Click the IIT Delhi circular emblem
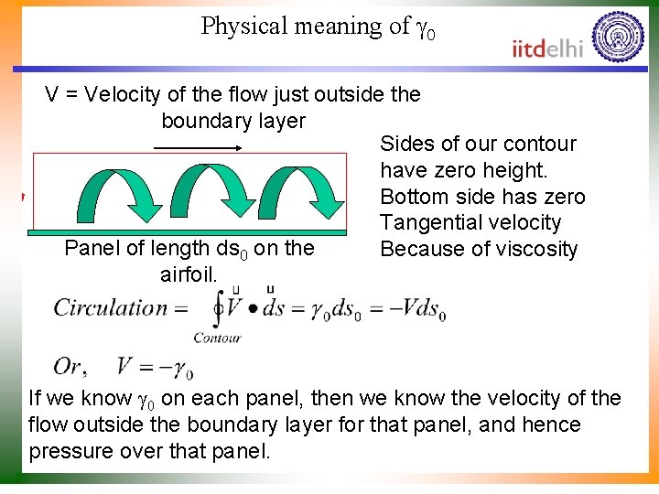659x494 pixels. (618, 36)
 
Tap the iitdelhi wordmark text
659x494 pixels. (547, 48)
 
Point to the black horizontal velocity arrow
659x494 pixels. (209, 146)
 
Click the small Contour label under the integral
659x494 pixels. (217, 338)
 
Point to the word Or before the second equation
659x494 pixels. (69, 367)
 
